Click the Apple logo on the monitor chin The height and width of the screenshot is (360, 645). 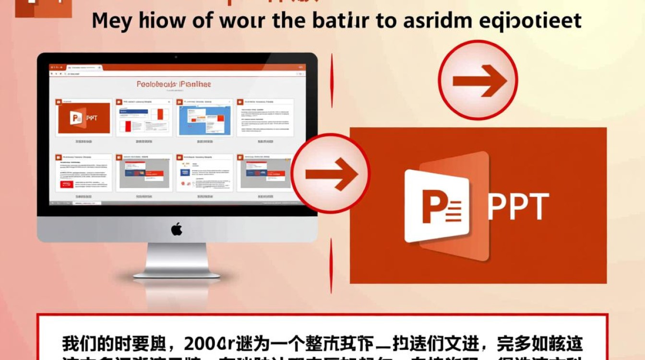click(177, 229)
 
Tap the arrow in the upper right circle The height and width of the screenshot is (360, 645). click(478, 80)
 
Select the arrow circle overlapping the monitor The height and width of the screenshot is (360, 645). click(331, 173)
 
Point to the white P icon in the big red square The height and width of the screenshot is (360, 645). click(437, 206)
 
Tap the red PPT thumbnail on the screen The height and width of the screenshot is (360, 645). click(84, 118)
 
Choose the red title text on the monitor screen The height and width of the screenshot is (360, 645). click(173, 84)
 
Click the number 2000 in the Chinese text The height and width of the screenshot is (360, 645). click(204, 344)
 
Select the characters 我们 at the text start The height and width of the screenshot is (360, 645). click(77, 344)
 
